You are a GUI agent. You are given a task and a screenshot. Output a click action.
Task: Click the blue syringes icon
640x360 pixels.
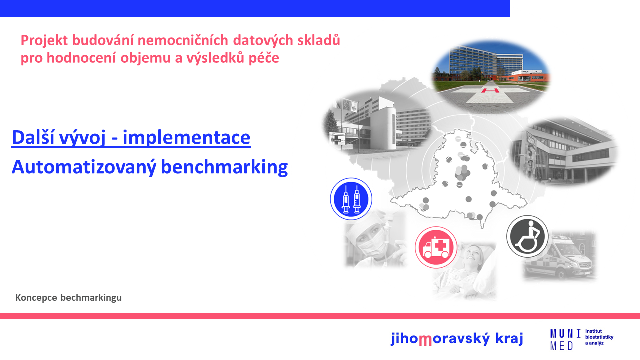coord(351,199)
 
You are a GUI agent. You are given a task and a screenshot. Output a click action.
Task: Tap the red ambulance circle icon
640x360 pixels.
coord(436,247)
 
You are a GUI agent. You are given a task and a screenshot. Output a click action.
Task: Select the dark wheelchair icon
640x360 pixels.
coord(527,236)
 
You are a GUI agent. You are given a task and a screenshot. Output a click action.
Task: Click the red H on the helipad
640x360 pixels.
coord(490,91)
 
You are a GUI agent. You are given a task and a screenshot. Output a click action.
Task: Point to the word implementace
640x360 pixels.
coord(186,137)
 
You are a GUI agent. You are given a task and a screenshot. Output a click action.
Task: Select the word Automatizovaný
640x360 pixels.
coord(84,167)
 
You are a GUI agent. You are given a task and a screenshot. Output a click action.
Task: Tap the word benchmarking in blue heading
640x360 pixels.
coord(224,167)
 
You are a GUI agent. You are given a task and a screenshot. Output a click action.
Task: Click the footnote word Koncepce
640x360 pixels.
coord(36,298)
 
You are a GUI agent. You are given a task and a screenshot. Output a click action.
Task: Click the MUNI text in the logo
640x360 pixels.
coord(565,334)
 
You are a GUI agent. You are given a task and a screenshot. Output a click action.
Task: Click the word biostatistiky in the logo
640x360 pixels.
coord(599,337)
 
